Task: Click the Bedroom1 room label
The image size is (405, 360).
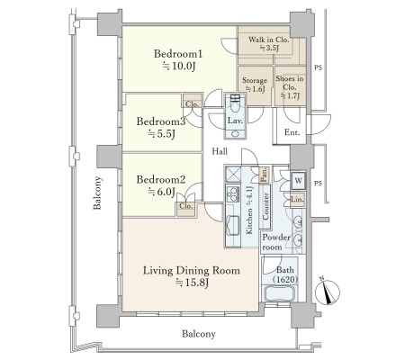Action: click(178, 54)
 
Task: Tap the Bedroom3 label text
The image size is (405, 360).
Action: click(161, 121)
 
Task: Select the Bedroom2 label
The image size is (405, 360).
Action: click(161, 179)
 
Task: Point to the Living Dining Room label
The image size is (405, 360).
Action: click(192, 271)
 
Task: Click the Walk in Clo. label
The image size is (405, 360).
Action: click(268, 40)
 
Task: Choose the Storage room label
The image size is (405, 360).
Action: click(255, 80)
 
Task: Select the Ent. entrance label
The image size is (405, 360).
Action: click(292, 132)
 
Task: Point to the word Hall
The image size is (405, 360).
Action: click(220, 151)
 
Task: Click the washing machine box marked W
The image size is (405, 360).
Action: click(299, 181)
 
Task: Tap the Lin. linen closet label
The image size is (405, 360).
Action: click(297, 199)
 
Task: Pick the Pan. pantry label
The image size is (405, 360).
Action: click(265, 175)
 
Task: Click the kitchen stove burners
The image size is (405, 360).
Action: click(233, 194)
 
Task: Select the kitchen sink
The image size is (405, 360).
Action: click(233, 225)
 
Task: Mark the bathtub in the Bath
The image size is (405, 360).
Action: click(279, 293)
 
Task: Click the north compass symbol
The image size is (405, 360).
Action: click(328, 292)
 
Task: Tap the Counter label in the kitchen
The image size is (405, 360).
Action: click(265, 206)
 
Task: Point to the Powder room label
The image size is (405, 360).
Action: click(276, 242)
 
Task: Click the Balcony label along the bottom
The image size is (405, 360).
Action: click(199, 334)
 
